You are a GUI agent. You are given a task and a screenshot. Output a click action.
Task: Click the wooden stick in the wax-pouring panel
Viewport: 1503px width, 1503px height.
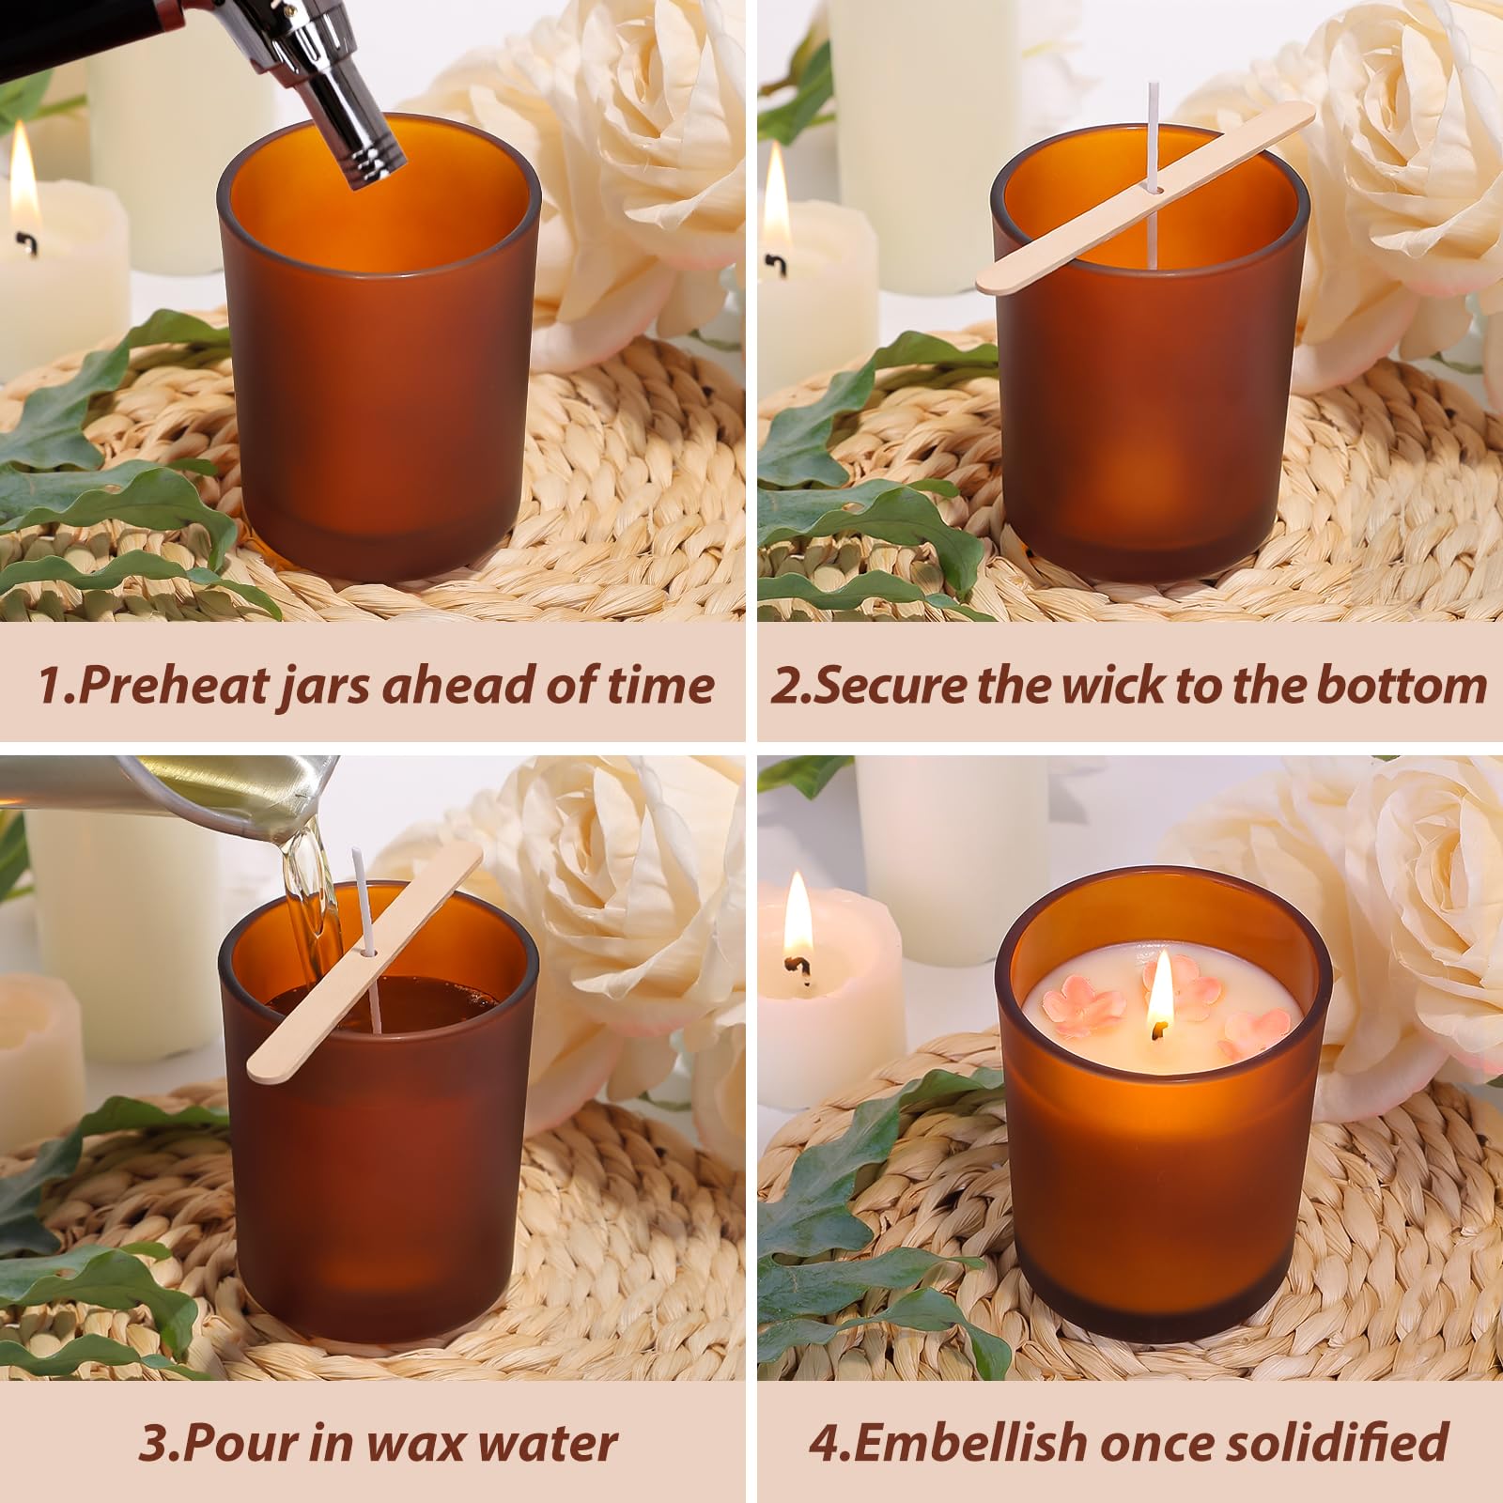tap(365, 976)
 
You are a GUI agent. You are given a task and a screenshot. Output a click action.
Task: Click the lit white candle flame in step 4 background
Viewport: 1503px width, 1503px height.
tap(798, 916)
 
